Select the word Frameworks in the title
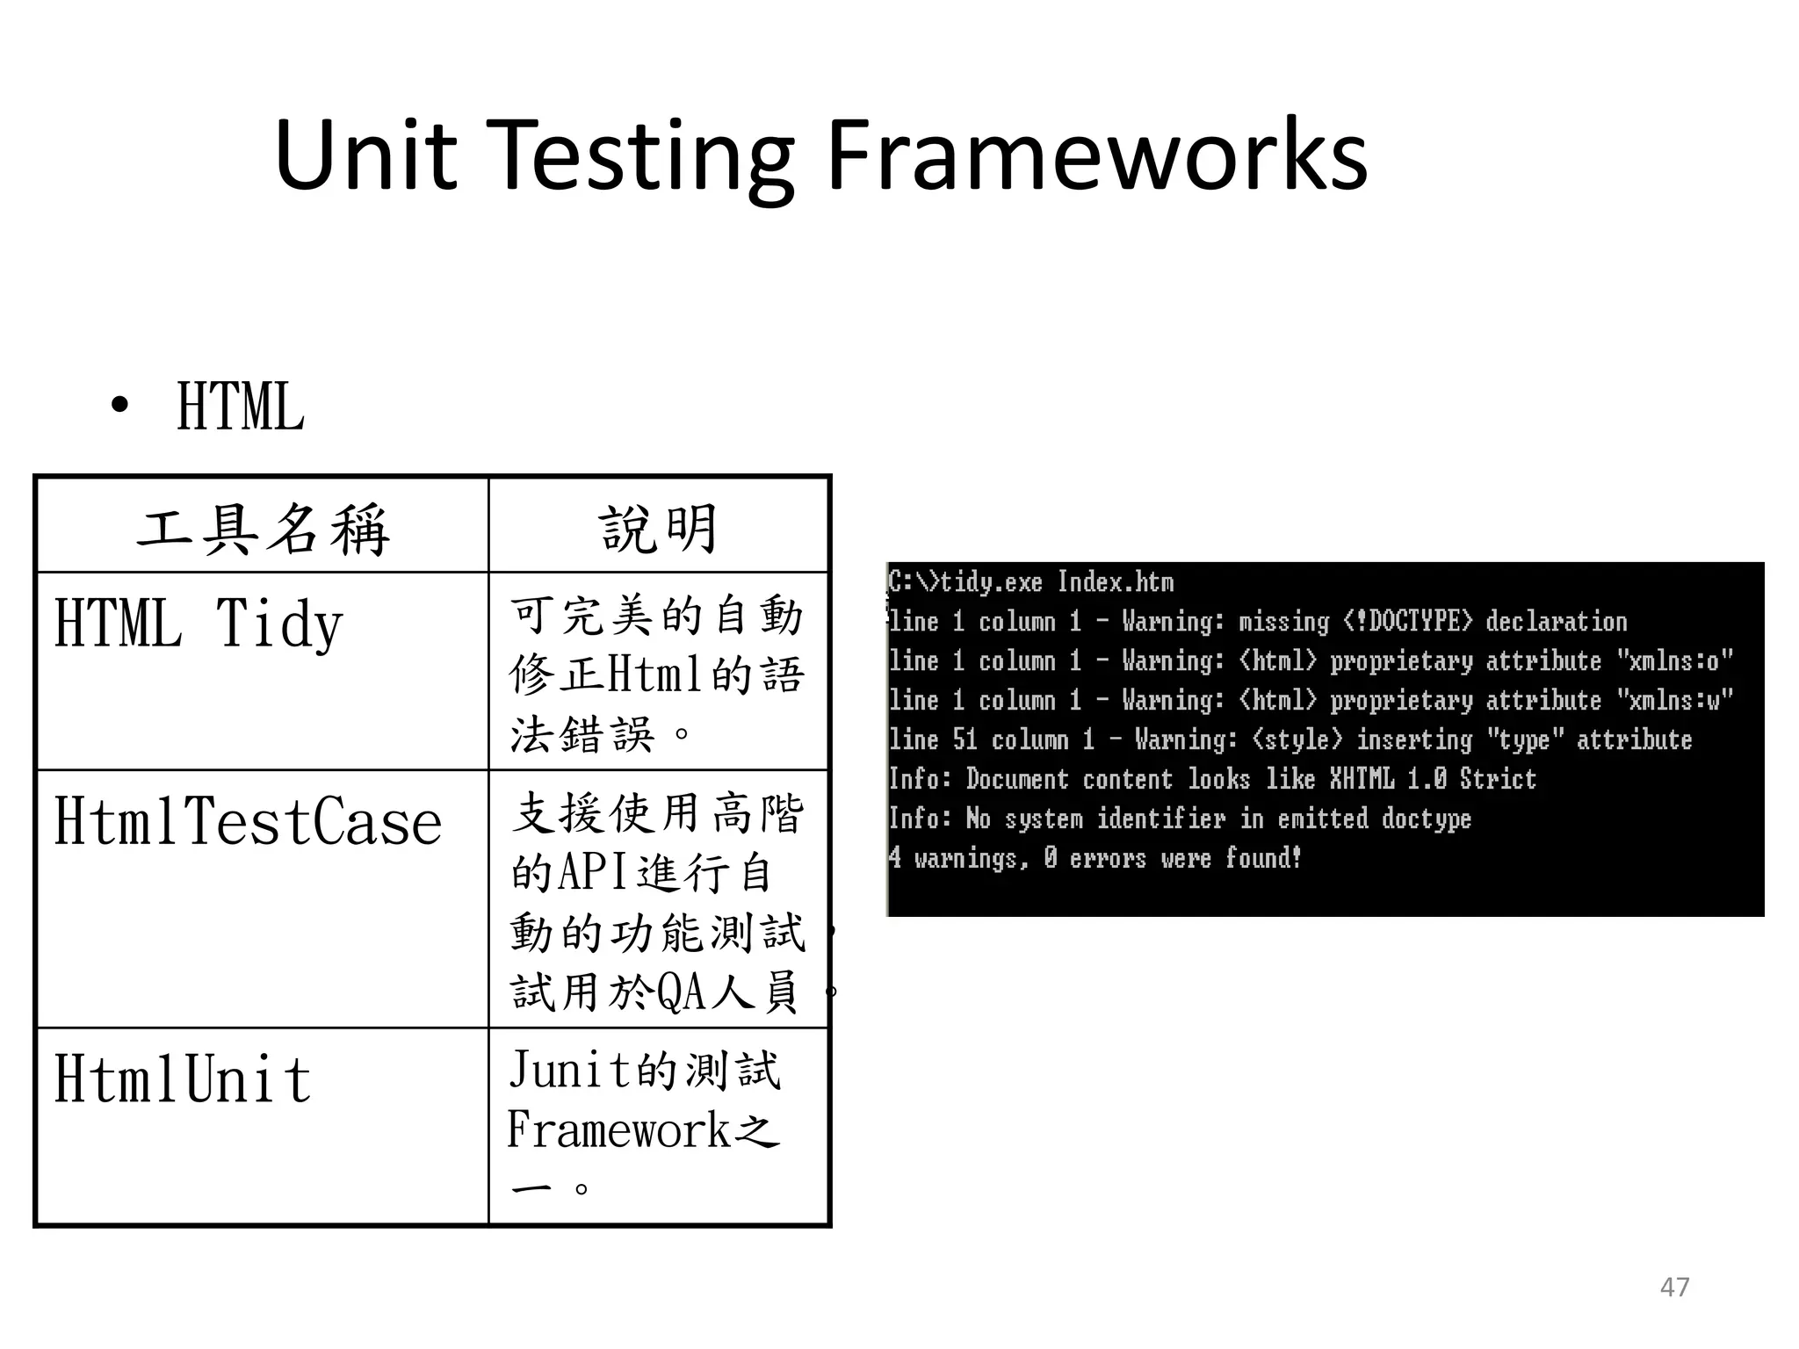[x=1096, y=156]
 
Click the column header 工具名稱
[x=263, y=529]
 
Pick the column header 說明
[x=659, y=529]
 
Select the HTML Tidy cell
[x=199, y=624]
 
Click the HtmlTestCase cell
[x=248, y=822]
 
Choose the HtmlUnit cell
[x=183, y=1079]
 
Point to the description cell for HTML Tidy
[x=657, y=674]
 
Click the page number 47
[x=1674, y=1287]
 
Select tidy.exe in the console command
[x=991, y=582]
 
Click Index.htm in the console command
[x=1115, y=582]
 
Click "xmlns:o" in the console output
[x=1674, y=660]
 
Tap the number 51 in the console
[x=965, y=739]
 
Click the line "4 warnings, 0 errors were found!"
[x=1094, y=857]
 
